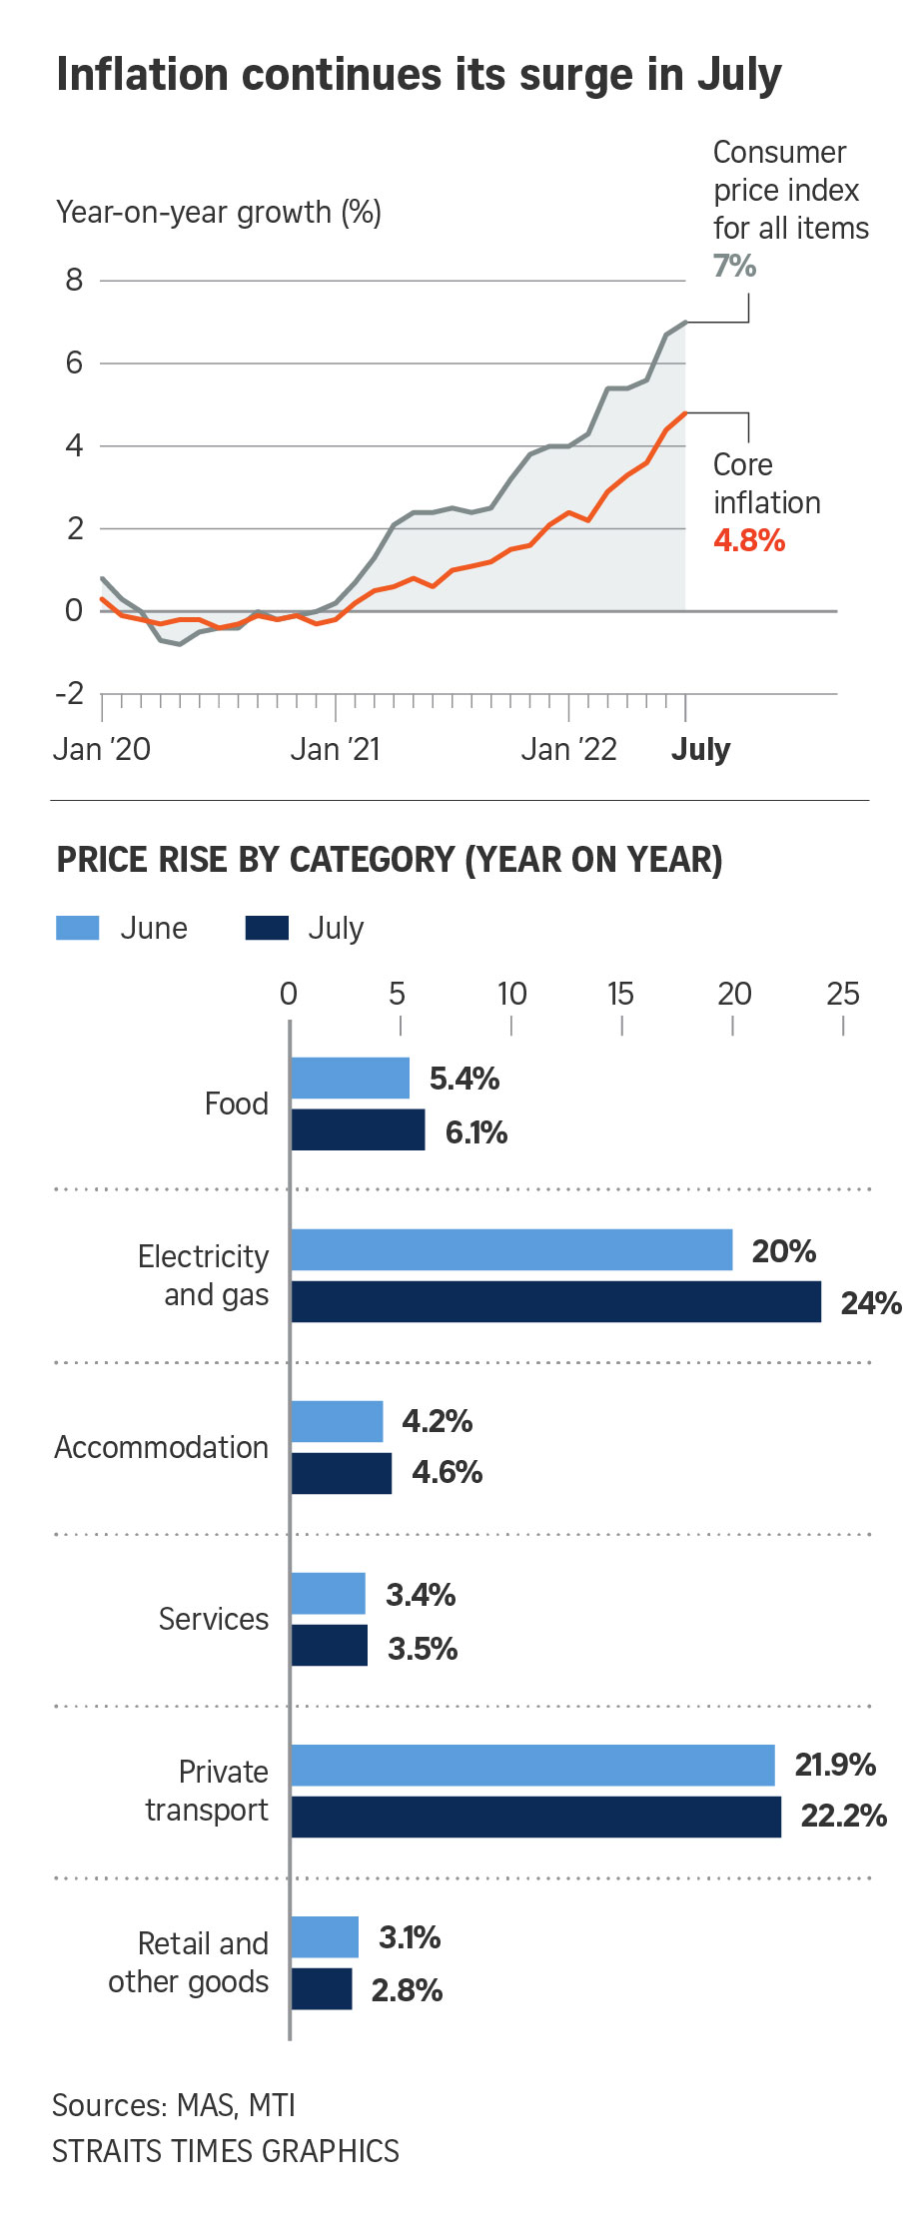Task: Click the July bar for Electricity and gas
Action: coord(555,1301)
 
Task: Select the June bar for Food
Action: coord(350,1078)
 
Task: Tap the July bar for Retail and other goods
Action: coord(322,1988)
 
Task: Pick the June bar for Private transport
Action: coord(532,1765)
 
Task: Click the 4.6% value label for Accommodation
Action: coord(447,1472)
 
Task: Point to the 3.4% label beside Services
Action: coord(421,1595)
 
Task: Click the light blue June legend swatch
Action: coord(78,928)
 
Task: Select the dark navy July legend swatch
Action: coord(267,928)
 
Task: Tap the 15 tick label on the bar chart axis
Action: coord(620,994)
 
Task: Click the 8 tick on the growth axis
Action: coord(74,280)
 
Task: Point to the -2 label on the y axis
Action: coord(70,693)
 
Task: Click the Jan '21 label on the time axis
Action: coord(336,749)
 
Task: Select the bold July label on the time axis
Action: coord(700,749)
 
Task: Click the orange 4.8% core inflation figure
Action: coord(749,540)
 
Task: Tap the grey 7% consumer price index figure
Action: coord(734,266)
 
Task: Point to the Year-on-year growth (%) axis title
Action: coord(219,212)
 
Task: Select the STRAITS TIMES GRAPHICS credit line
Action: coord(226,2150)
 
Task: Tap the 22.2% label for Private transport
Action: coord(843,1816)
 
